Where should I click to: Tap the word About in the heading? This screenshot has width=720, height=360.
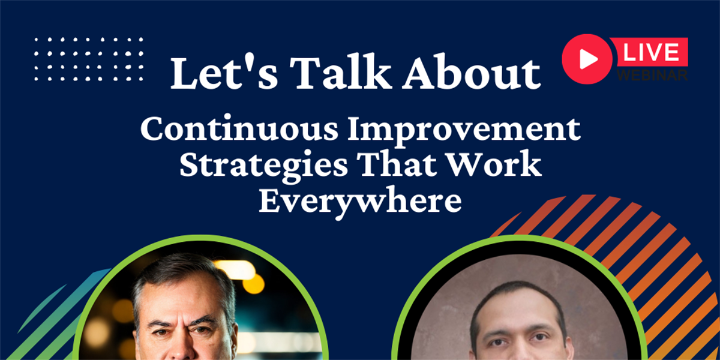click(472, 73)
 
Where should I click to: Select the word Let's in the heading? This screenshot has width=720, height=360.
click(224, 73)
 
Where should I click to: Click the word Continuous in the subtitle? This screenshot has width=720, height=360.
click(239, 128)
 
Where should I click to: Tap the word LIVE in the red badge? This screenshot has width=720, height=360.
click(651, 52)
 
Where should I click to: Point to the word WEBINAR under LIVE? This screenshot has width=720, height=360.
click(652, 75)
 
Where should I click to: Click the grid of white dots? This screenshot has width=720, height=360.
click(88, 59)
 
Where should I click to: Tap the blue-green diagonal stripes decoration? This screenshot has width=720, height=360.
click(55, 318)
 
